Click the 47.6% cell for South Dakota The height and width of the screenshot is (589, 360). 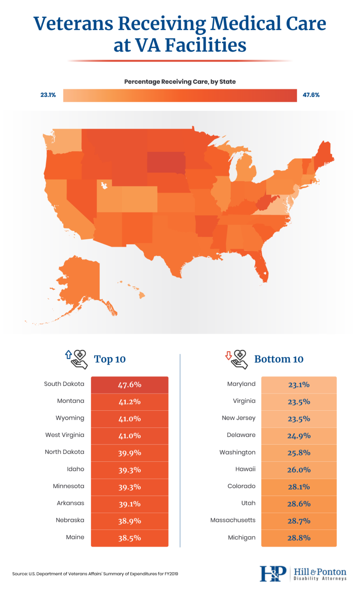click(x=130, y=385)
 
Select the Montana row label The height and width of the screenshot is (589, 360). click(x=71, y=401)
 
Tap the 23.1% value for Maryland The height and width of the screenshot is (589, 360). click(x=299, y=385)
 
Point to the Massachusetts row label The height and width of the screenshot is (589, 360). click(x=233, y=520)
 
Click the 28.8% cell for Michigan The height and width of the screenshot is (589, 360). click(x=299, y=538)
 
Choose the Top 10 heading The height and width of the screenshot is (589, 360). click(x=110, y=359)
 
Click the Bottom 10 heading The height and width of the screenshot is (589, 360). click(x=279, y=359)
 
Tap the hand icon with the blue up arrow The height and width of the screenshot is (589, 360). click(x=76, y=359)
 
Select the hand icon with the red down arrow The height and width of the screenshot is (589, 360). click(x=237, y=359)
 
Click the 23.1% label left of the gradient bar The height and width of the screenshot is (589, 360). click(x=48, y=95)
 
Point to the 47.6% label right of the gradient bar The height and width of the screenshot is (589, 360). click(x=311, y=95)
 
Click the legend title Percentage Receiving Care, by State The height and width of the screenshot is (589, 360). click(x=180, y=82)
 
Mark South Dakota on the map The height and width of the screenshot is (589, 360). click(x=166, y=162)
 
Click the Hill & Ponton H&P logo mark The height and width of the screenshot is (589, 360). click(x=273, y=574)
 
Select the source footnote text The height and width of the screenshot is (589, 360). click(x=95, y=574)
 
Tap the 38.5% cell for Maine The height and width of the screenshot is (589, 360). click(x=130, y=538)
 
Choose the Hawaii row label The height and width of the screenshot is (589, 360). click(x=245, y=469)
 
